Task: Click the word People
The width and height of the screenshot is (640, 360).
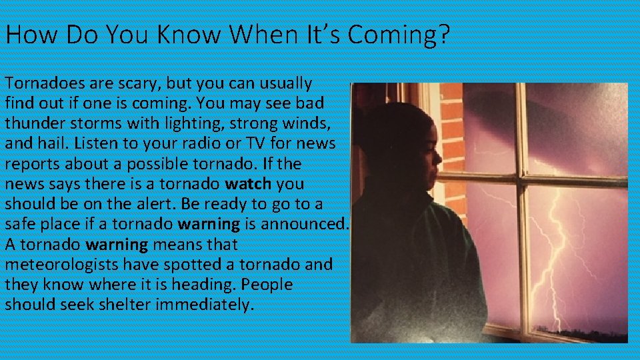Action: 267,285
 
